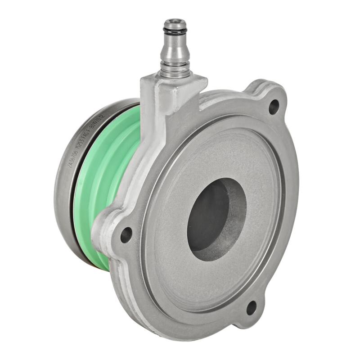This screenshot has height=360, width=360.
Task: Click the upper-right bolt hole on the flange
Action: point(274,107)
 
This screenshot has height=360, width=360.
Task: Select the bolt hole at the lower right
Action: point(251,308)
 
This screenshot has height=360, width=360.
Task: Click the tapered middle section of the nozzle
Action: point(175,49)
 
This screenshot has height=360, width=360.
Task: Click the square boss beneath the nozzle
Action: point(173,88)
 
